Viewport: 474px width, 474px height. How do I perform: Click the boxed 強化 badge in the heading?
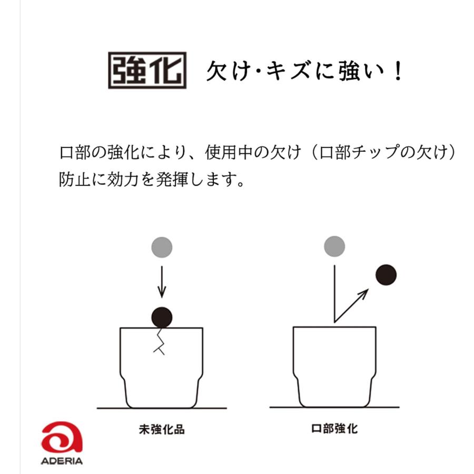[147, 70]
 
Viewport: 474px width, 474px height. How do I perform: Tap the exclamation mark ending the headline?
[397, 72]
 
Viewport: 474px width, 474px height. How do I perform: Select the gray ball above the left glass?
[162, 248]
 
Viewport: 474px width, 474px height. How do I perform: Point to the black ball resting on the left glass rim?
[162, 317]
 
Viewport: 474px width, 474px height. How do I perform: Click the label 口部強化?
[334, 429]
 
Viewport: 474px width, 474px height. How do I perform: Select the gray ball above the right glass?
[334, 246]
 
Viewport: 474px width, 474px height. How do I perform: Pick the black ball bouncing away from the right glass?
[386, 275]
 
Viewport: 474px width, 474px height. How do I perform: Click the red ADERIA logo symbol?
[62, 437]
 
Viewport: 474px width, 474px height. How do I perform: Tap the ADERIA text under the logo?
[62, 461]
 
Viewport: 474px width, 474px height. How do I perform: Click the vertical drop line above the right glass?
[334, 292]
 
